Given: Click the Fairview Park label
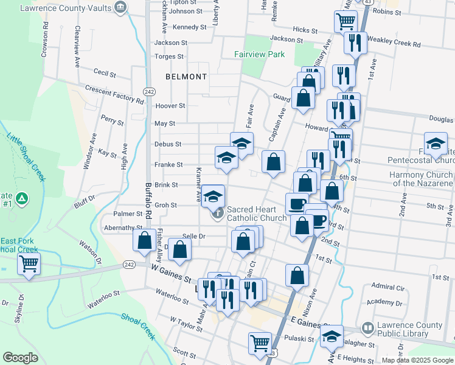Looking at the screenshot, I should tap(260, 54).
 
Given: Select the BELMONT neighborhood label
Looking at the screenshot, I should tap(186, 77).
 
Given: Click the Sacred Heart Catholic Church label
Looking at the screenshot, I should tap(256, 214).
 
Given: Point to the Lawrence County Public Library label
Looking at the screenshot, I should tap(411, 329).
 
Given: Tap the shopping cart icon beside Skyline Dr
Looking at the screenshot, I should tap(28, 265).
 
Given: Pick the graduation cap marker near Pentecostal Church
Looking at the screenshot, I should tap(436, 144).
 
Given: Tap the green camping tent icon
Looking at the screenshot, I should tap(22, 198).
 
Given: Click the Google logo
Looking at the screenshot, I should tap(21, 357).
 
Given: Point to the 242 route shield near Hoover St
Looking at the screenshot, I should tap(149, 91).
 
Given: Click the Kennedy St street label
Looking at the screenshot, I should tap(190, 27).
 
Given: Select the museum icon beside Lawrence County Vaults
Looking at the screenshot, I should tap(120, 8).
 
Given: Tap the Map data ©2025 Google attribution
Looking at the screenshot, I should tap(417, 360).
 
